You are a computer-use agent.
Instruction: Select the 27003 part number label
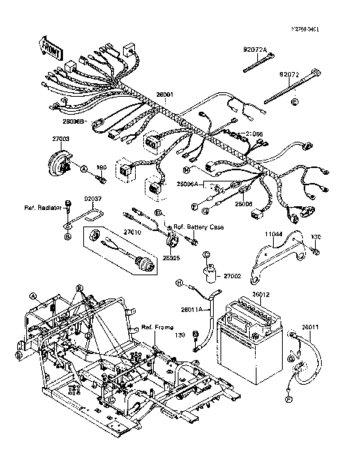coord(61,139)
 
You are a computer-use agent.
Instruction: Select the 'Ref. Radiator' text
coord(41,206)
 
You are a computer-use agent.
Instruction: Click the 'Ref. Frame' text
coord(157,328)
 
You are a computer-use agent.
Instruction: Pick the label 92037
coord(91,199)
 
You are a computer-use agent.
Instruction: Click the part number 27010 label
coord(133,233)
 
